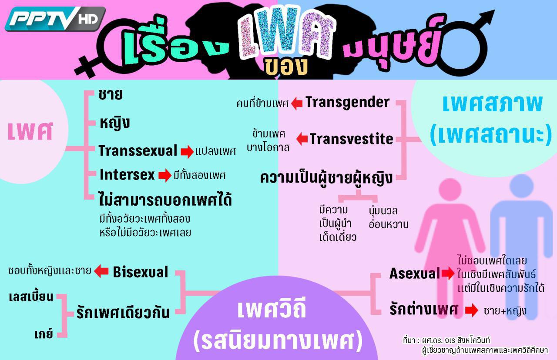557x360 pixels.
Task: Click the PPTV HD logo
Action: (x=55, y=19)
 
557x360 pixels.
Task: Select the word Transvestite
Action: (x=351, y=139)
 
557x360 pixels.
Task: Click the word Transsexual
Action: (x=138, y=150)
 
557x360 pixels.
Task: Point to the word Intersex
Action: (x=127, y=175)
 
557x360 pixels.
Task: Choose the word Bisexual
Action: (x=141, y=272)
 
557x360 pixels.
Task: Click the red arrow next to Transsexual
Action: (x=187, y=152)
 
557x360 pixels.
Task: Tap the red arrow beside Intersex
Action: (x=164, y=175)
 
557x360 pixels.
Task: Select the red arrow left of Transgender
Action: (x=297, y=103)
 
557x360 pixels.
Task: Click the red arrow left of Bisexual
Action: (x=101, y=271)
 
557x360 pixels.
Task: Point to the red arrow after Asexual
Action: (x=448, y=273)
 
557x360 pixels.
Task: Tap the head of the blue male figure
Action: (x=521, y=186)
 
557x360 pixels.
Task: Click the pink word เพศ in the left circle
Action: (x=30, y=131)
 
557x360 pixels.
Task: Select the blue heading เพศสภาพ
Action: (x=493, y=104)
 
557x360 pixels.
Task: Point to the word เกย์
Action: (x=44, y=333)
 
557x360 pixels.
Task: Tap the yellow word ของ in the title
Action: (x=286, y=67)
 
